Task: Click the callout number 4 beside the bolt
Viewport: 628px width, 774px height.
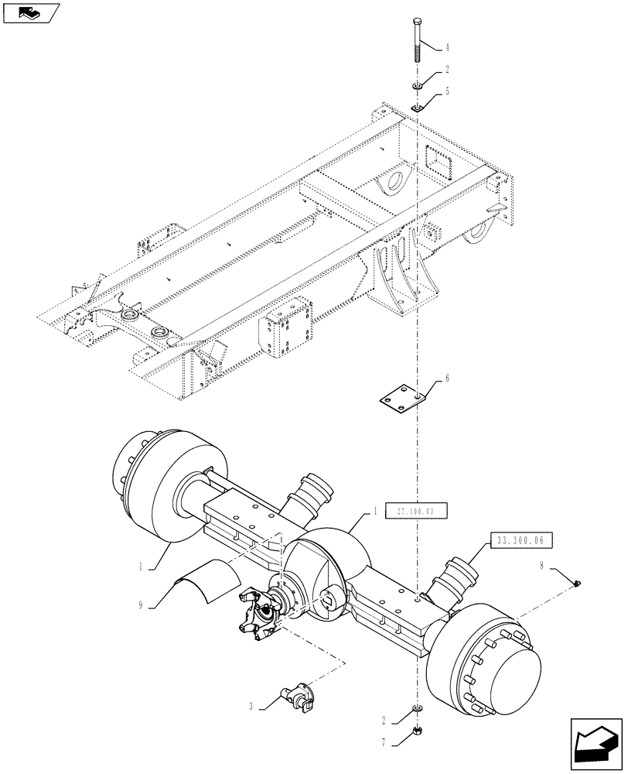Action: coord(448,48)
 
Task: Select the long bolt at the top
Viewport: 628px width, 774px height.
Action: coord(418,39)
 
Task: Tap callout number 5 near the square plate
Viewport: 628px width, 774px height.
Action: coord(448,91)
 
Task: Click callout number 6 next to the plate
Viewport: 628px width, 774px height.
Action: coord(447,379)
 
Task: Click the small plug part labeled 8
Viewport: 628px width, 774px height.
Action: coord(579,584)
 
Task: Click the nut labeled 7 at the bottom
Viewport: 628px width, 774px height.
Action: coord(418,729)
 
